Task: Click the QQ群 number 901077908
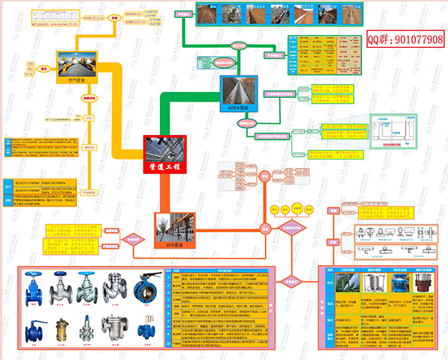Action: click(x=405, y=38)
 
